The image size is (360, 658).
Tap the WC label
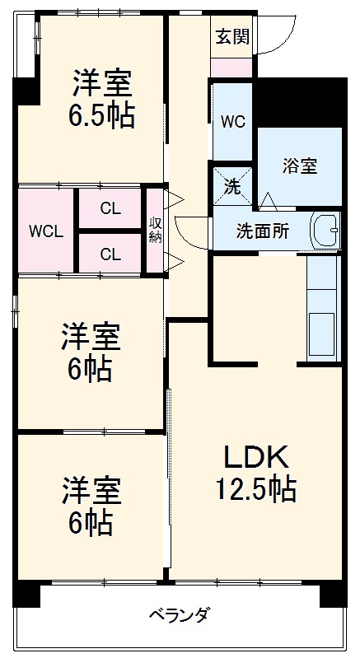click(232, 122)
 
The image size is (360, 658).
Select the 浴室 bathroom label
click(300, 166)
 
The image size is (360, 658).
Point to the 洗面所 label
click(263, 231)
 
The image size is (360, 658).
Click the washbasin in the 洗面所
click(326, 229)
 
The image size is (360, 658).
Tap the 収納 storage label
click(154, 231)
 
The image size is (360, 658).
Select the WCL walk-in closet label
click(46, 231)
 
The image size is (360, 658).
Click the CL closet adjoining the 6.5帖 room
click(110, 208)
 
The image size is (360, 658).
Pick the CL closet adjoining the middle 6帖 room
click(110, 254)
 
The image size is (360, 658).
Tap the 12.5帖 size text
click(255, 491)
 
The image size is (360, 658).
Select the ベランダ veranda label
click(179, 614)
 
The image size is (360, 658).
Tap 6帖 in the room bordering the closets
click(91, 370)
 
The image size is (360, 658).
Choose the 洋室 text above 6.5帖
click(101, 84)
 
